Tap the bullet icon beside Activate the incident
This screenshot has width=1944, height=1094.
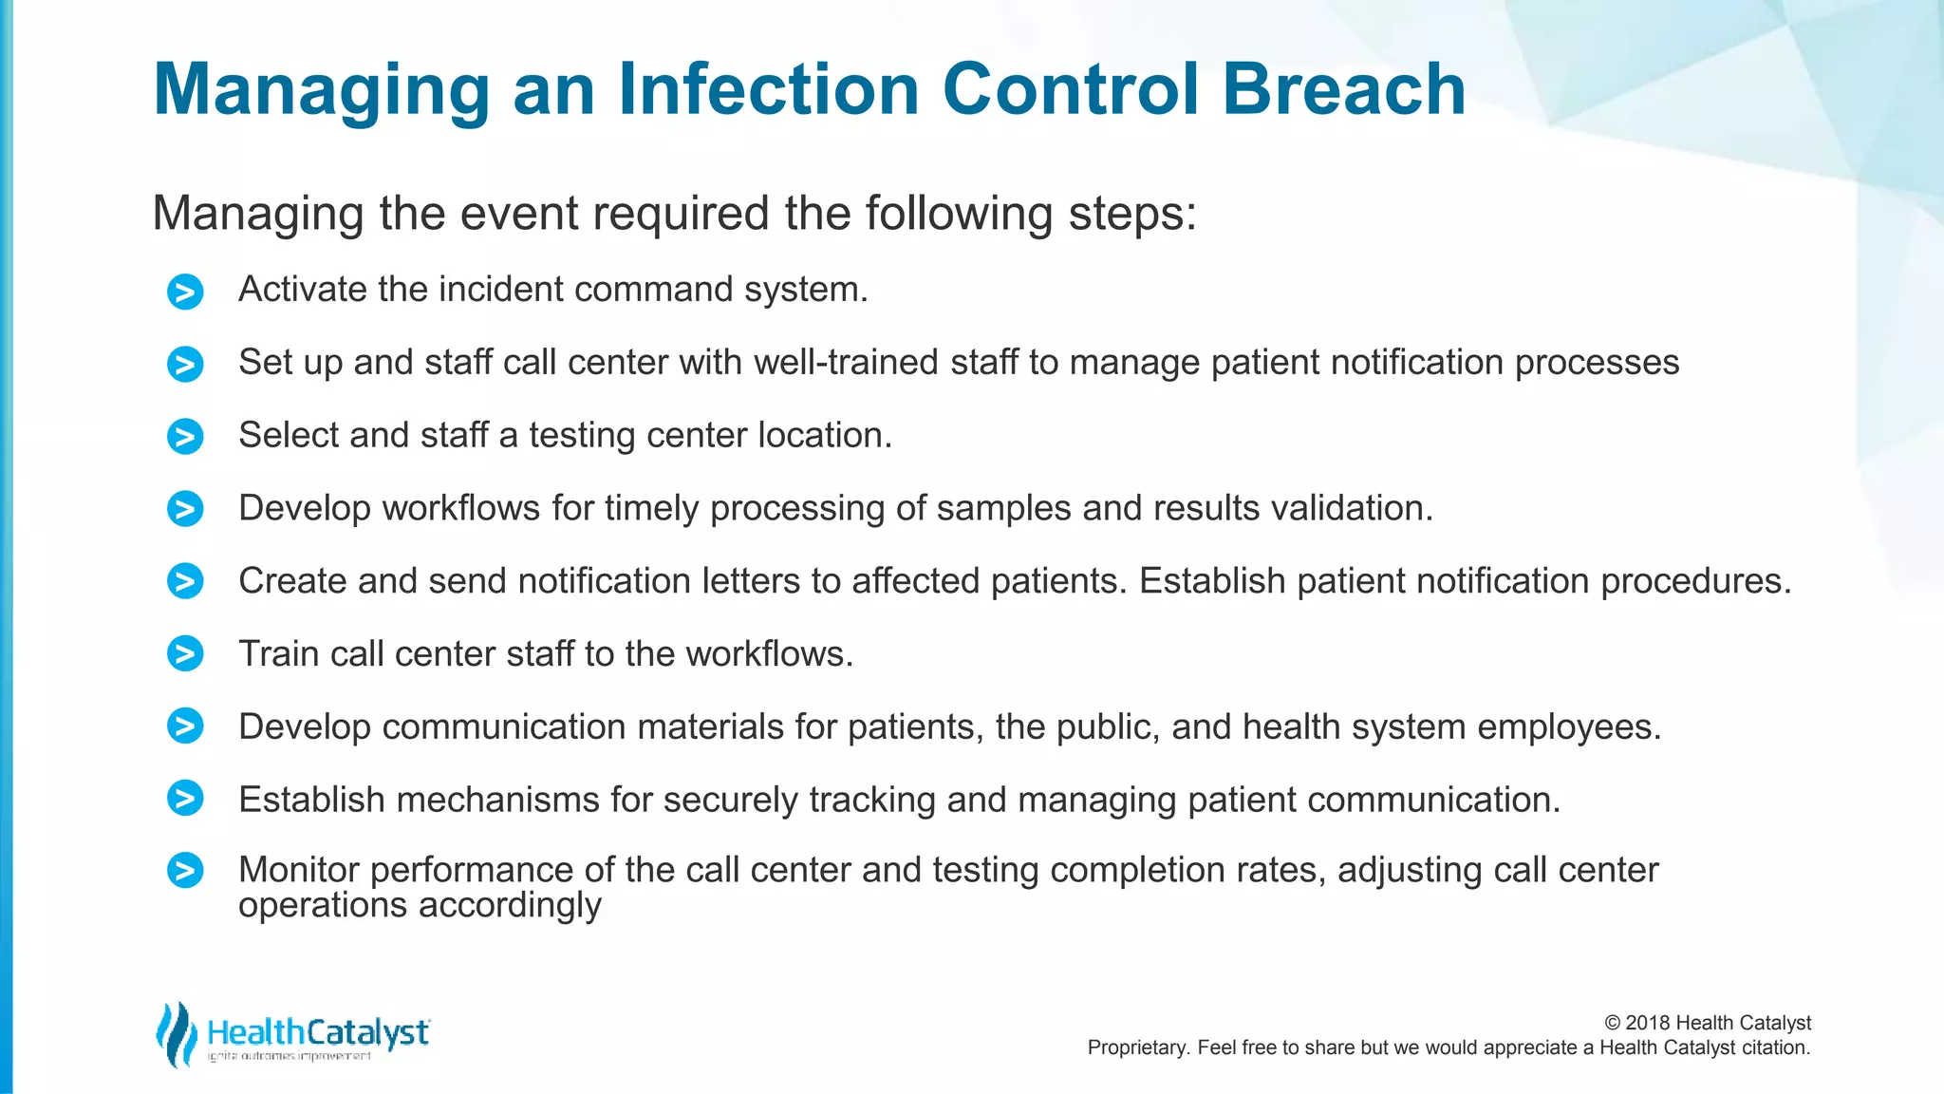click(185, 292)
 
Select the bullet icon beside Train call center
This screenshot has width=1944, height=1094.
click(185, 653)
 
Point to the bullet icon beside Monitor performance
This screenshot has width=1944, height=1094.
click(185, 870)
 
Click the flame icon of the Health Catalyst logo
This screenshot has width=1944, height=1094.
click(177, 1033)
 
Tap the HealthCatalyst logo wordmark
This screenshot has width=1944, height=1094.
click(318, 1032)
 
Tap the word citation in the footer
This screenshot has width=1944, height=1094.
click(1774, 1047)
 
